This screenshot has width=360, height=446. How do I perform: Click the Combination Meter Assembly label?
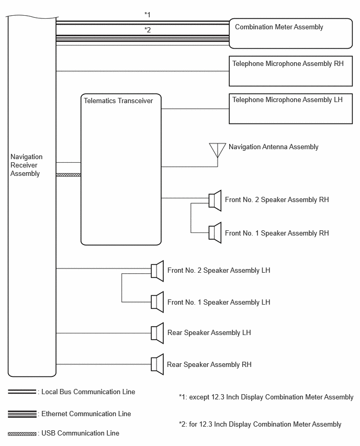tap(279, 27)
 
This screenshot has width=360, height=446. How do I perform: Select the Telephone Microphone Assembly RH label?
tap(288, 63)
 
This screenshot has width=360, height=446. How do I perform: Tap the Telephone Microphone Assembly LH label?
tap(287, 100)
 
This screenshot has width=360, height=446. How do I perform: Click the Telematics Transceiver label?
tap(118, 101)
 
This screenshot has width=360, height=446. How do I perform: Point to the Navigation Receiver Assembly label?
tap(27, 165)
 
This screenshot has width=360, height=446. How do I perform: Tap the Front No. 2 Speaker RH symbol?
tap(215, 200)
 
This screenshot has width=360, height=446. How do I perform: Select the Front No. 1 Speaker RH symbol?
tap(215, 232)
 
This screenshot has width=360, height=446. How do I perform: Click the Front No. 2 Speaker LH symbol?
tap(157, 271)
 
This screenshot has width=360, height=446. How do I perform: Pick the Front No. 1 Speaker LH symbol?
tap(157, 302)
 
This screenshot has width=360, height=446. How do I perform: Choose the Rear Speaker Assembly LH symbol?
tap(157, 333)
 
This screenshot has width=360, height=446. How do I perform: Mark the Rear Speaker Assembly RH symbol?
tap(157, 364)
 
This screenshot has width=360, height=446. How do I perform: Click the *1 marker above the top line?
tap(148, 15)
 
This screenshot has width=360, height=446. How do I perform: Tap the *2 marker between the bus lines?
tap(148, 30)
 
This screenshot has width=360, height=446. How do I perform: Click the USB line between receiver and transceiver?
tap(69, 175)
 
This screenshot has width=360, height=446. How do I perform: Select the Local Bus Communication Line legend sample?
tap(22, 392)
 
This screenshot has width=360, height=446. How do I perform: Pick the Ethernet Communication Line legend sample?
tap(22, 414)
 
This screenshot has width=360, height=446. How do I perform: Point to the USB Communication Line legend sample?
tap(22, 434)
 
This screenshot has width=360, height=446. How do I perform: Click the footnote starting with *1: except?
tap(266, 397)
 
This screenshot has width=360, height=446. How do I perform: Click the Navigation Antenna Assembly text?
tap(274, 147)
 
